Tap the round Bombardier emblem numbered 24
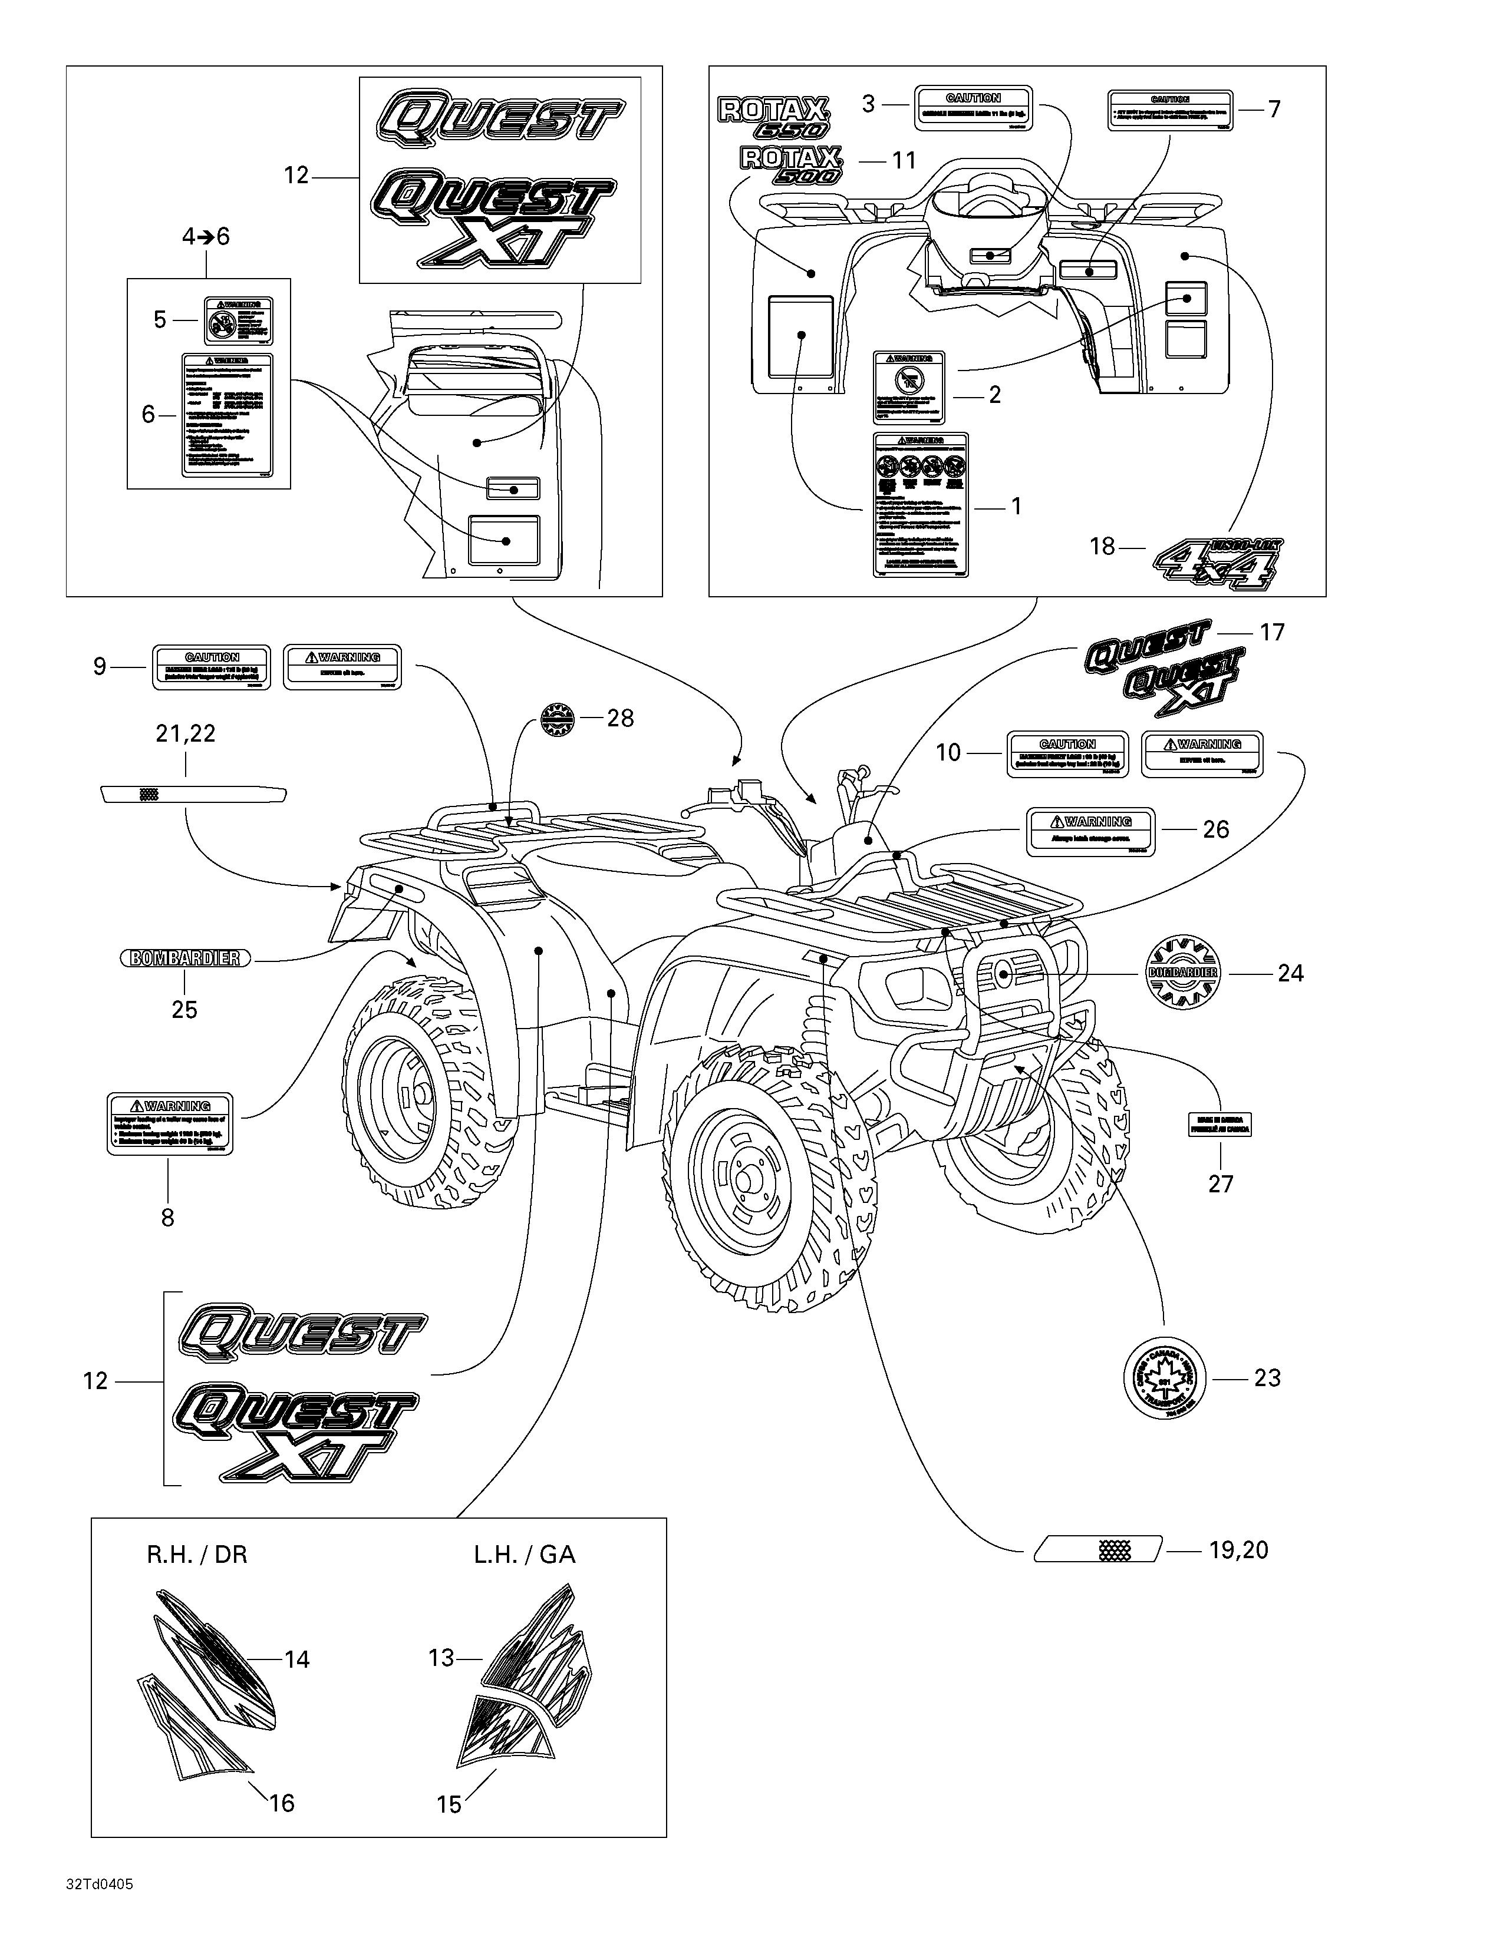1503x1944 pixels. tap(1182, 973)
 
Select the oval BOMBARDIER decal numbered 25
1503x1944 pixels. tap(185, 958)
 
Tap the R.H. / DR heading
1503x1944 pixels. tap(197, 1554)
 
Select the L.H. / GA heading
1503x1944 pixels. tap(525, 1554)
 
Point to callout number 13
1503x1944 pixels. tap(441, 1657)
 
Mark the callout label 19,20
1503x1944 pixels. tap(1238, 1550)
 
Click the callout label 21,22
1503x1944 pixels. tap(185, 733)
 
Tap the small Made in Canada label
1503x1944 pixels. tap(1220, 1124)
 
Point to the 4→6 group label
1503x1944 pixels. tap(206, 237)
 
